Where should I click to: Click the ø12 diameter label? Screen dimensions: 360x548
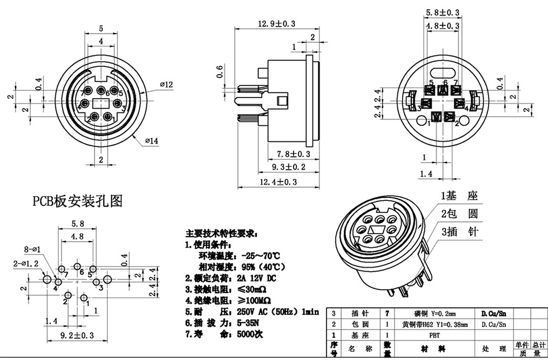[x=166, y=84]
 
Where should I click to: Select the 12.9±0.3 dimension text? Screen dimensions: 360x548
[x=276, y=24]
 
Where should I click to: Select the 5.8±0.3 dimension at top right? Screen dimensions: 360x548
[x=442, y=12]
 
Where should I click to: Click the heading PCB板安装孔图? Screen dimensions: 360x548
[x=77, y=201]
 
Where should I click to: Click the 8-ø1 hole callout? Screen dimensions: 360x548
[x=32, y=250]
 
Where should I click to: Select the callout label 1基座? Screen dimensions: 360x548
[x=459, y=197]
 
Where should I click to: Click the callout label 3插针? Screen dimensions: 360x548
[x=459, y=232]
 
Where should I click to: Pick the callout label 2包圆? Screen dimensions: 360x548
[x=459, y=214]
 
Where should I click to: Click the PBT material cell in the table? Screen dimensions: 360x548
[x=432, y=334]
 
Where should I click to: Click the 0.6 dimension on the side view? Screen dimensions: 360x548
[x=219, y=72]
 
